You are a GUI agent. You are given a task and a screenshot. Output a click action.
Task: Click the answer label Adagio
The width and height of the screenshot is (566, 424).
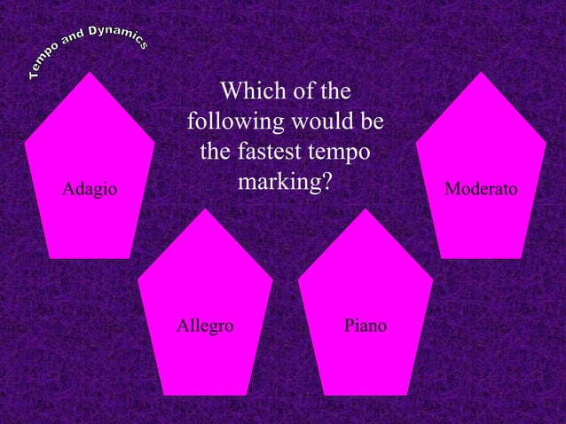89,188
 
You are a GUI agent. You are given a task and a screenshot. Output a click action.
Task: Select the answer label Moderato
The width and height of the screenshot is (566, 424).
482,188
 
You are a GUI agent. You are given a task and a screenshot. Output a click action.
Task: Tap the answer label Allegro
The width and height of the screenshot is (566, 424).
205,326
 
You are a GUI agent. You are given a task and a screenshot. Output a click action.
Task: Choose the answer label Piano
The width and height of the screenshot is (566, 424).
365,326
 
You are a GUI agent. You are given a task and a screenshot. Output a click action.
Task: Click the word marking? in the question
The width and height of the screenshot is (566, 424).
285,182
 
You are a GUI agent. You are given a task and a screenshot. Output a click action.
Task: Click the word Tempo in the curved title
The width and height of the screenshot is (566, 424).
44,67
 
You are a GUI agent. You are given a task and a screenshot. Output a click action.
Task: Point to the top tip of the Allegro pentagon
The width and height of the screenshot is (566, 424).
205,209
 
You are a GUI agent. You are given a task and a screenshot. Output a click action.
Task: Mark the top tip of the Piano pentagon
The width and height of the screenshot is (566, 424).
365,209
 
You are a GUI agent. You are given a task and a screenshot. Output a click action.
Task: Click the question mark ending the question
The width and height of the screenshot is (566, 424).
326,182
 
